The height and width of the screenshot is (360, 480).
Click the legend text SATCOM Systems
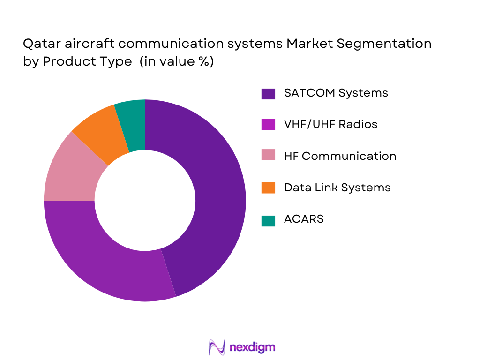(336, 93)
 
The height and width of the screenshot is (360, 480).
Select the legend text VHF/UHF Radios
(330, 124)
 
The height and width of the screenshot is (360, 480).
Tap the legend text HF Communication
(340, 156)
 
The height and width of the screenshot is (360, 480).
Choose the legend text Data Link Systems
(337, 187)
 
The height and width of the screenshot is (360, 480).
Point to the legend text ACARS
(304, 219)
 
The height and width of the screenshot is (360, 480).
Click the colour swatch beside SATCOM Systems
(268, 93)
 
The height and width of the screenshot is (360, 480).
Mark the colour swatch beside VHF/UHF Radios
(268, 125)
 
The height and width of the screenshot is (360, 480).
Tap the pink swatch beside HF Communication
(268, 156)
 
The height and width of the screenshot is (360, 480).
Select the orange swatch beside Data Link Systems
(268, 188)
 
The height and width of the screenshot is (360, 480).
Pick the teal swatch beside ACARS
(268, 219)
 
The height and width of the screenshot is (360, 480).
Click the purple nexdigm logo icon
(217, 347)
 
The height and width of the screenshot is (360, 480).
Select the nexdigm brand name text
(252, 347)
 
